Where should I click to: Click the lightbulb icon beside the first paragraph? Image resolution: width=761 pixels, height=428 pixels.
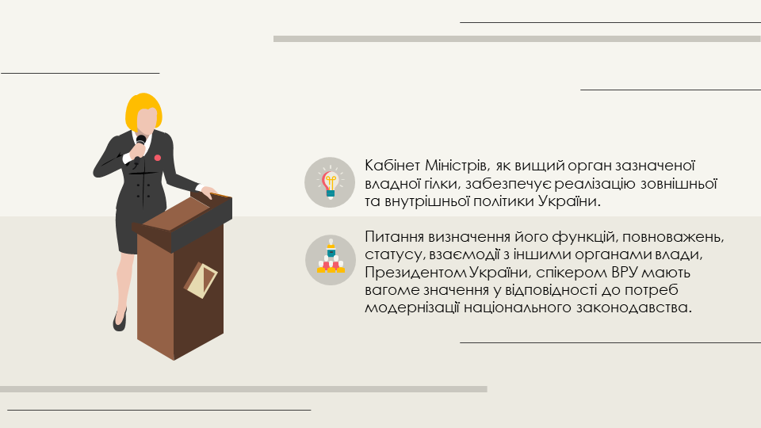coord(330,183)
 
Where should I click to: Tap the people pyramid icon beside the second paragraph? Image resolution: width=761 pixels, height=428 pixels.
coord(331,257)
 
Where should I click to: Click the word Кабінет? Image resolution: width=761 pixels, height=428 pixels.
coord(392,166)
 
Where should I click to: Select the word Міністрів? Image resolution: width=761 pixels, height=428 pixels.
coord(457,166)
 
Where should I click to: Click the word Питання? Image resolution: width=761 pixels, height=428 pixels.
coord(394,237)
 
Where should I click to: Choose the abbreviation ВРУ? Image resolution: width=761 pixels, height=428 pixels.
coord(626,272)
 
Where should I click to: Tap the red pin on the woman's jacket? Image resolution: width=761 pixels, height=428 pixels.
coord(157,158)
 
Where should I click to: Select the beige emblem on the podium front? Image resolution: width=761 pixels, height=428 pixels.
coord(201,280)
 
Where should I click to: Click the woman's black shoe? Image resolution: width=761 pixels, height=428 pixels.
coord(120,320)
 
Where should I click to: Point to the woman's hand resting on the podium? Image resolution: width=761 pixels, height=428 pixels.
coord(208,192)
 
